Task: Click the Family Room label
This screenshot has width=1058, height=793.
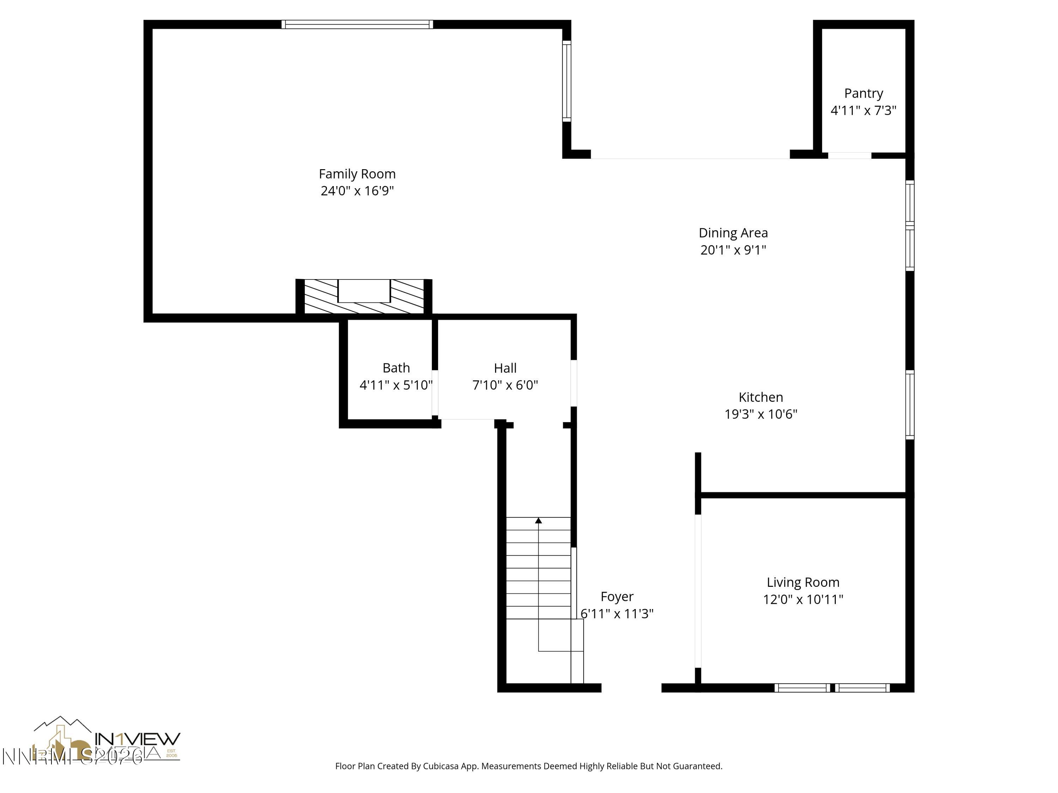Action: pos(357,174)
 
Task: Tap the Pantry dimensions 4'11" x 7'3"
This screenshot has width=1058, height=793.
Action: pos(863,110)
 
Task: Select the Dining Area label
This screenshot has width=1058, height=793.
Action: pos(733,233)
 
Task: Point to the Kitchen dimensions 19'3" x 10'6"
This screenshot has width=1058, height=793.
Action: pos(760,414)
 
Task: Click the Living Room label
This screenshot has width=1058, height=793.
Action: pos(803,582)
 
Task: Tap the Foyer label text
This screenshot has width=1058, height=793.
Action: pos(616,597)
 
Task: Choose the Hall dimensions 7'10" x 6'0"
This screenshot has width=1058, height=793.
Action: pos(505,385)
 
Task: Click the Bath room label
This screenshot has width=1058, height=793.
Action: pos(396,368)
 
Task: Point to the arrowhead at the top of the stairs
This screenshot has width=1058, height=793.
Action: pos(538,521)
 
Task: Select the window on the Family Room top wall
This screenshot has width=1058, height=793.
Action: pos(357,24)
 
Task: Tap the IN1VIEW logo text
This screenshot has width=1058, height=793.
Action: pos(138,739)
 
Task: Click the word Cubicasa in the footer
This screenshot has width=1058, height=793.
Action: pos(440,766)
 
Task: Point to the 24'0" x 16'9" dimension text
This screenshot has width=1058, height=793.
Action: pos(357,191)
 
